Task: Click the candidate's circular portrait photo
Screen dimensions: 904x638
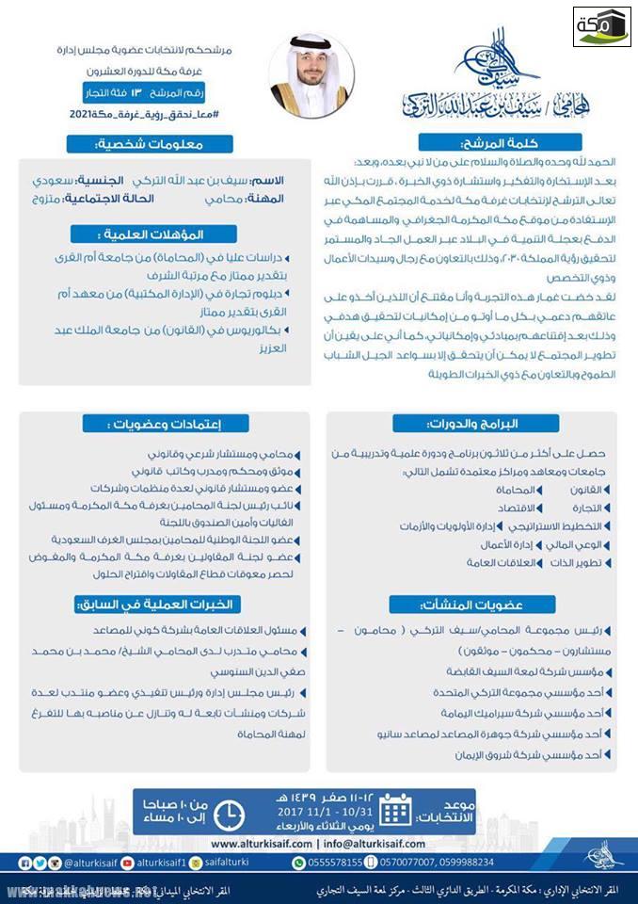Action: coord(311,74)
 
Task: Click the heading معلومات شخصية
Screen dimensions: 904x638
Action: coord(162,144)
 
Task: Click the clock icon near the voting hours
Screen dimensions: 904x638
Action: coord(230,811)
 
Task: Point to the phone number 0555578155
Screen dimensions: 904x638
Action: coord(344,862)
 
